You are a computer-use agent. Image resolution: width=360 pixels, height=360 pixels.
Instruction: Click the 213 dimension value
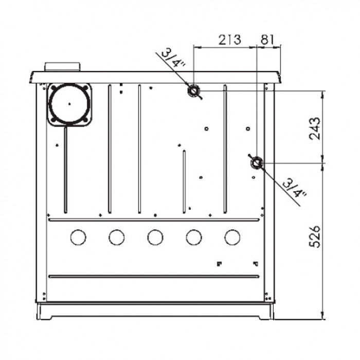(229, 40)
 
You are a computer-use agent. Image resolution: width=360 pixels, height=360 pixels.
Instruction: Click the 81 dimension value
(267, 40)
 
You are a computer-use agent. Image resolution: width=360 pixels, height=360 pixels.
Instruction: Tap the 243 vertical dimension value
(315, 129)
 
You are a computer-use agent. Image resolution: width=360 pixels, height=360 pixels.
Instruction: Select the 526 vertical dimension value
(315, 237)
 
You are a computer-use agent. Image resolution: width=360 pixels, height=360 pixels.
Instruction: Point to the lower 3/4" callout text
(295, 189)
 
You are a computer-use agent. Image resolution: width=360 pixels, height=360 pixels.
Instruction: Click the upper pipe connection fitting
(193, 91)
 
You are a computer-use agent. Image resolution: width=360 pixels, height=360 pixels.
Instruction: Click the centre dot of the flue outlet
(69, 104)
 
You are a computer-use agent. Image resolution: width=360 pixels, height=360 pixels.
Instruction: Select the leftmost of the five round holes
(78, 237)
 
